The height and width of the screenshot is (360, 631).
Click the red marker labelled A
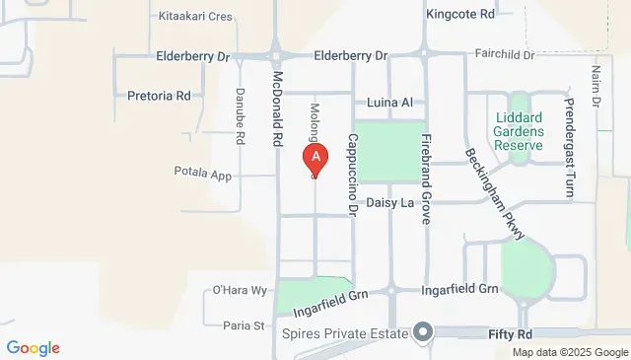[x=315, y=158]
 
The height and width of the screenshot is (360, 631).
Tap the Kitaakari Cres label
[x=194, y=17]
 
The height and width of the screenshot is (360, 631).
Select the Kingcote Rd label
[x=460, y=15]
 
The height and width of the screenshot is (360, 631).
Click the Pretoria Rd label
[x=159, y=97]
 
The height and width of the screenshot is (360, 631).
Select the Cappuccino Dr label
[x=351, y=176]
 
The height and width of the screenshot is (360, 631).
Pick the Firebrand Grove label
[x=426, y=179]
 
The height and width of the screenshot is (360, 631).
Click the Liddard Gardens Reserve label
[x=519, y=132]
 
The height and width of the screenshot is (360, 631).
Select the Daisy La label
[x=388, y=204]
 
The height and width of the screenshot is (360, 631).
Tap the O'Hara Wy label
[x=241, y=290]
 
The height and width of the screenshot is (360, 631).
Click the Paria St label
[x=245, y=325]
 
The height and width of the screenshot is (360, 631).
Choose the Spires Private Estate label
[x=344, y=335]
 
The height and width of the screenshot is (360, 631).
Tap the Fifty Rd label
[x=510, y=335]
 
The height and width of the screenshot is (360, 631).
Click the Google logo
[x=33, y=347]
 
